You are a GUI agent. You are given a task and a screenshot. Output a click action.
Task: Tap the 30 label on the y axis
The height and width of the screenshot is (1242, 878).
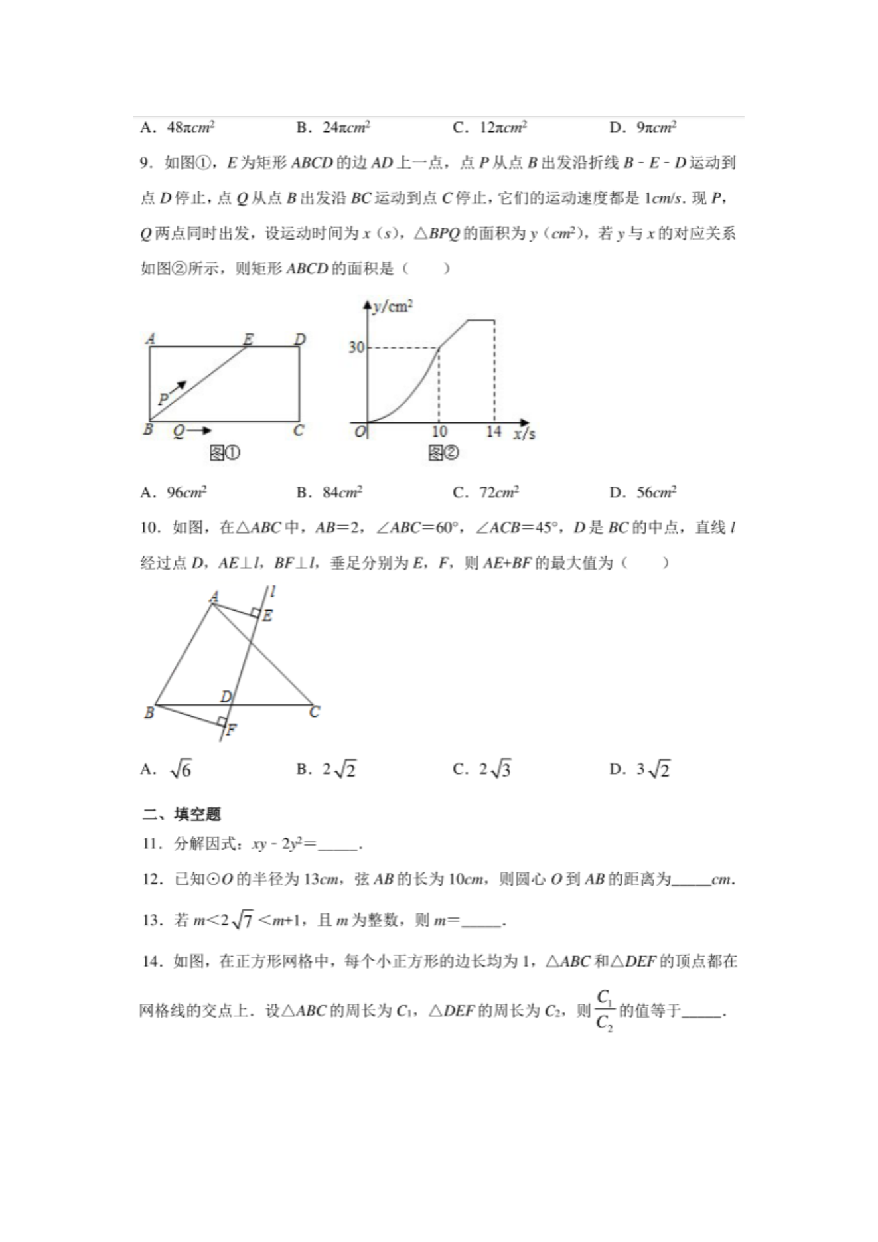coord(356,347)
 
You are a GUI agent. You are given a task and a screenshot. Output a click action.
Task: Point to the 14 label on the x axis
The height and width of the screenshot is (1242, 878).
coord(493,432)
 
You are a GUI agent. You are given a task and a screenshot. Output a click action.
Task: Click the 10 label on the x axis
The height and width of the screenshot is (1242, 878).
coord(439,432)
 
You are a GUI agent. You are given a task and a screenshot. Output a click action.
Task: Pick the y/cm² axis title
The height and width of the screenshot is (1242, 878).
coord(392,307)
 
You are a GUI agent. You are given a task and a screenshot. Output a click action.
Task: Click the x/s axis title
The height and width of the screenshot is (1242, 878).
coord(524,434)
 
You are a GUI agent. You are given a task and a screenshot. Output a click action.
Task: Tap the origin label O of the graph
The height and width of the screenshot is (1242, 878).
coord(360,432)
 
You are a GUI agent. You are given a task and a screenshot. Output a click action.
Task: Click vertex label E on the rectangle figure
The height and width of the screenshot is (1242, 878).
coord(248,339)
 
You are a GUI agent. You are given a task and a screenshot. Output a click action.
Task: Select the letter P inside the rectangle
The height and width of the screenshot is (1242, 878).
coord(163,399)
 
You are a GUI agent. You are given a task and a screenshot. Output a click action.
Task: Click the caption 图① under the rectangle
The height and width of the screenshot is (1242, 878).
coord(224,454)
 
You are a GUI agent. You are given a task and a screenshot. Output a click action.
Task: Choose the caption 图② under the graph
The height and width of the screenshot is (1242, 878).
coord(443,454)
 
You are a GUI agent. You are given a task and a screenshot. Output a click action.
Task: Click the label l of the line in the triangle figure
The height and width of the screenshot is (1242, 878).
coord(273,591)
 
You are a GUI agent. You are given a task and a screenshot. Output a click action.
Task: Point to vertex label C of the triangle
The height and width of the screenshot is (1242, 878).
coord(315,712)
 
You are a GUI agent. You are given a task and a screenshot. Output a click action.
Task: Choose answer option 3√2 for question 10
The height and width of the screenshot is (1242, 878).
coord(653,770)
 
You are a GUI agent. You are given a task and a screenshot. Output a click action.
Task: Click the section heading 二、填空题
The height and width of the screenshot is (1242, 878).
coord(181,815)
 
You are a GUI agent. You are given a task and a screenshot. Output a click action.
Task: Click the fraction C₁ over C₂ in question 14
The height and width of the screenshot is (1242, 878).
coord(604,1011)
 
